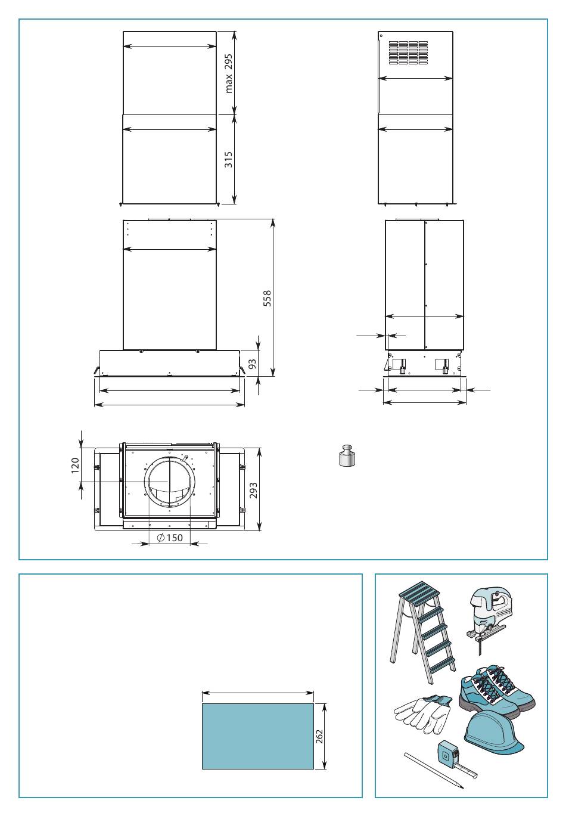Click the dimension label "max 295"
(228, 73)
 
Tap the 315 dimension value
(228, 160)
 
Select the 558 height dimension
(268, 299)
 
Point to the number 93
(253, 364)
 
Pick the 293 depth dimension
(253, 490)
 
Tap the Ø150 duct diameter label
(170, 537)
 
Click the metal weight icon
(347, 455)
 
